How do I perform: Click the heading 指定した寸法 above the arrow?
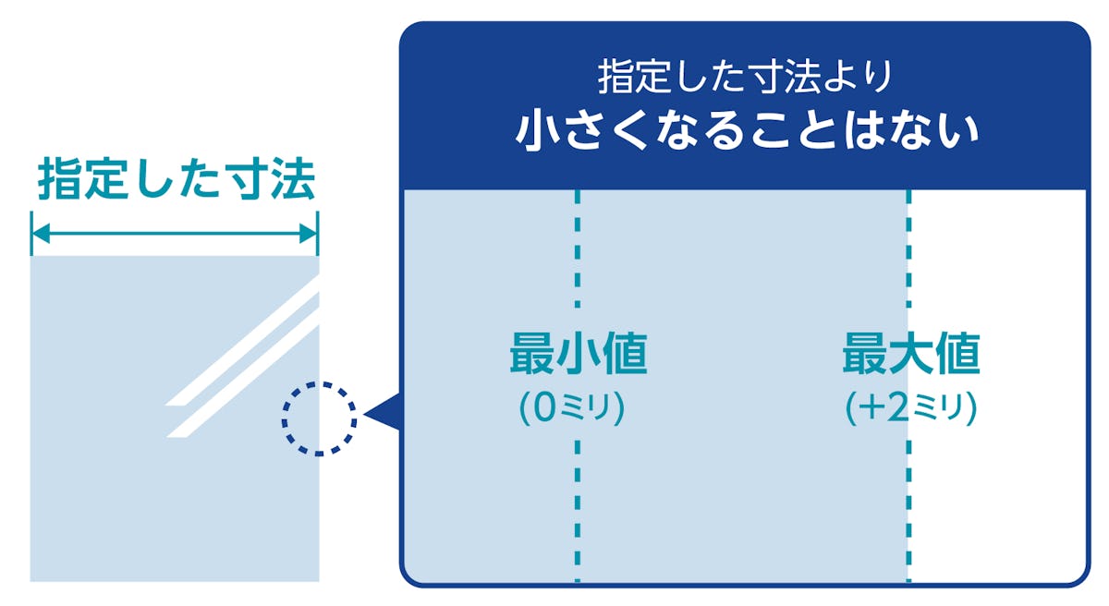click(176, 180)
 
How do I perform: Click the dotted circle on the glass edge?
click(319, 418)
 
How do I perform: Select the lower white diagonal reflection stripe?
click(245, 379)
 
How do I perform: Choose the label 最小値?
click(578, 356)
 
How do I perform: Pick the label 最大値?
click(910, 356)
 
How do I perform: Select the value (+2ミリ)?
click(911, 408)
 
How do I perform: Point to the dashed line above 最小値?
click(578, 249)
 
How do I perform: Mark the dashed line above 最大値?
click(909, 249)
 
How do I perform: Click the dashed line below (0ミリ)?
click(578, 508)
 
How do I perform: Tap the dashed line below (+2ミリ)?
click(909, 508)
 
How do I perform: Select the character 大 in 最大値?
click(910, 356)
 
